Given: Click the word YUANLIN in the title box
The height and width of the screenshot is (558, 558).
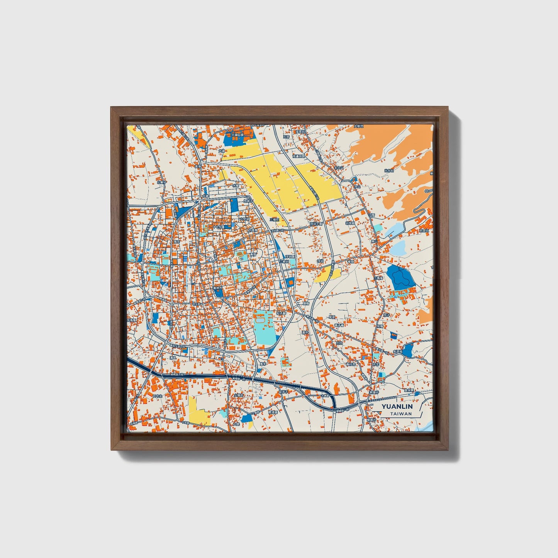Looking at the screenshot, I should [397, 407].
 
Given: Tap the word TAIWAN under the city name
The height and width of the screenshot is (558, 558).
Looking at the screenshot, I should [400, 414].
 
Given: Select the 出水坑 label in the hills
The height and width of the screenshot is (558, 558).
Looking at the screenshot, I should [389, 170].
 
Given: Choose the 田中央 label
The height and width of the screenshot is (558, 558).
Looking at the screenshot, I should [157, 396].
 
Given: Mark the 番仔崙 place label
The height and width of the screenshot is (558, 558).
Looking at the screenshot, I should [339, 325].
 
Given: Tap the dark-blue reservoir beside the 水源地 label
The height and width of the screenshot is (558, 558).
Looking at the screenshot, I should [408, 350].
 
